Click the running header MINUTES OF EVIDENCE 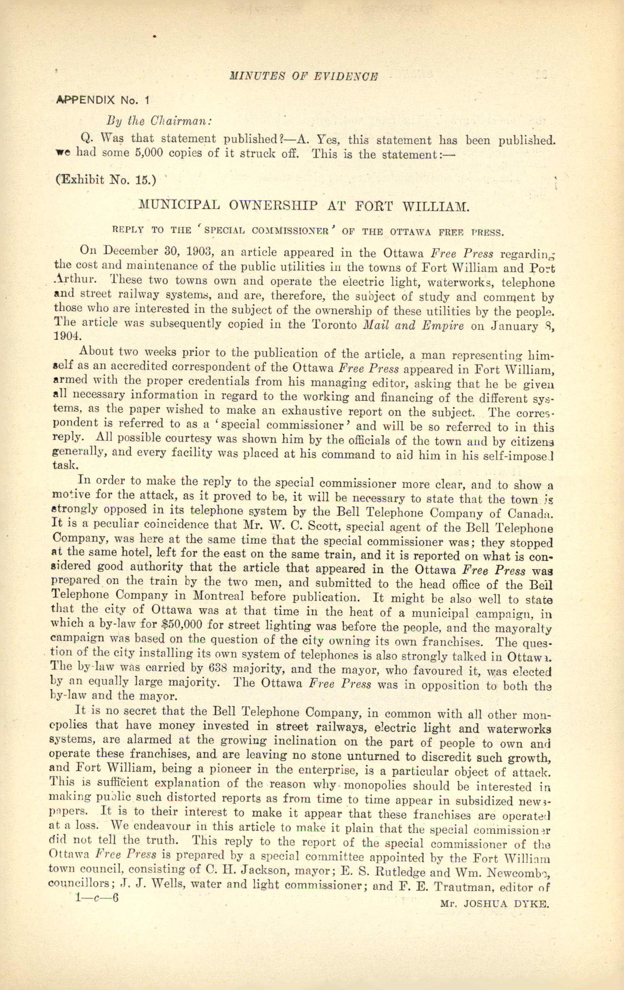pos(304,76)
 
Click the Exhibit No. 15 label pos(106,180)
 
